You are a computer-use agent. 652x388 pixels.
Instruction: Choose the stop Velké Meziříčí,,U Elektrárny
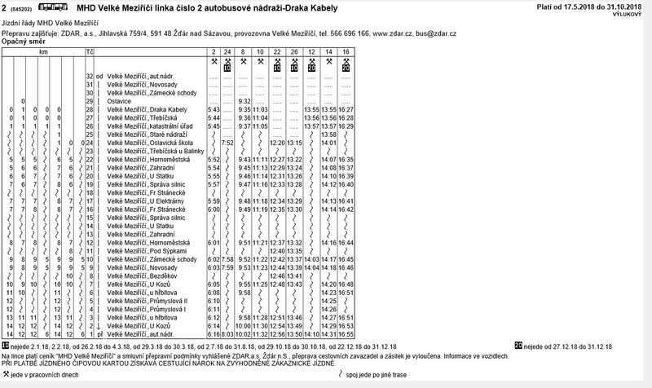click(x=155, y=201)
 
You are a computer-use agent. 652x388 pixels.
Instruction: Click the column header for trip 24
click(x=228, y=51)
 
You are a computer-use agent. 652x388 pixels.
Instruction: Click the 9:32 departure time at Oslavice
click(x=244, y=101)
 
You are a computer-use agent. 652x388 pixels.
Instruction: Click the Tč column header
click(x=90, y=51)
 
